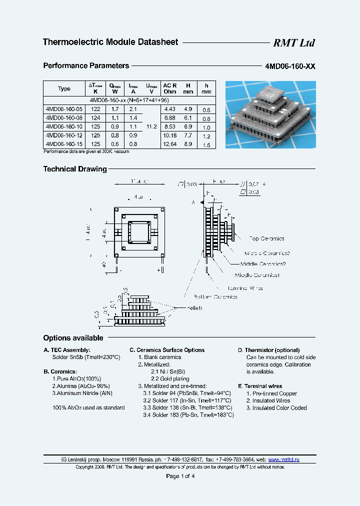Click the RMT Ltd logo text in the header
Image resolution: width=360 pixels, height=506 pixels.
(293, 43)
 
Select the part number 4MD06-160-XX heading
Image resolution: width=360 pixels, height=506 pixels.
(289, 66)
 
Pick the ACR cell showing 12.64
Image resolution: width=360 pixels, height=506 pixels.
(170, 144)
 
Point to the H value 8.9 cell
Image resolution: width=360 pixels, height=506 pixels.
(188, 144)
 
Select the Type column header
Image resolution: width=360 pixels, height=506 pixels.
(64, 88)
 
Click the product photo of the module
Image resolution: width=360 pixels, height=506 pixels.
(270, 115)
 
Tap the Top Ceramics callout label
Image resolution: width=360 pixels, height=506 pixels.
(266, 239)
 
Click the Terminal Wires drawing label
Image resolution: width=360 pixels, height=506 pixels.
(245, 288)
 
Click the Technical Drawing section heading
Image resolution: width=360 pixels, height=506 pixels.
(75, 169)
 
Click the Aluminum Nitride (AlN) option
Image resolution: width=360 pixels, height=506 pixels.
(82, 393)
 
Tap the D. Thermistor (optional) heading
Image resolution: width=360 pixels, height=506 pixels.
(268, 350)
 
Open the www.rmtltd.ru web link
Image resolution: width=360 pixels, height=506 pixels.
(284, 459)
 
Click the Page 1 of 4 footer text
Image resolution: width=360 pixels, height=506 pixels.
(180, 476)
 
